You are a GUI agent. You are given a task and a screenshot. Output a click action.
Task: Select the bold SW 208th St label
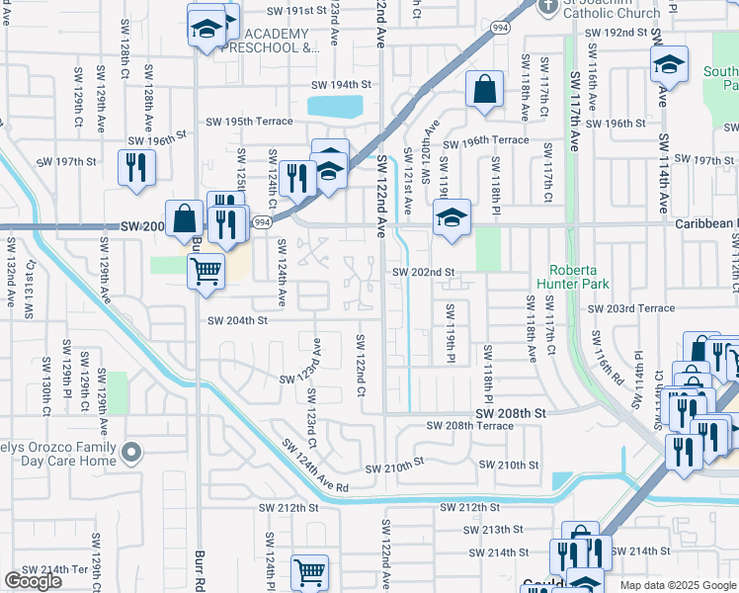511,412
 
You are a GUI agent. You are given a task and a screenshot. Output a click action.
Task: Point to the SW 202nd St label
423,272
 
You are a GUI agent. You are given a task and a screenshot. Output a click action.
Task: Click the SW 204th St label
237,320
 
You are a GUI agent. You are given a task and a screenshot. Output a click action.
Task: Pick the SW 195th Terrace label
249,121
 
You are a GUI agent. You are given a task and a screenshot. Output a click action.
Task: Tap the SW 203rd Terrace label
631,308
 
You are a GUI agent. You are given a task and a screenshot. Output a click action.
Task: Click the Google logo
33,581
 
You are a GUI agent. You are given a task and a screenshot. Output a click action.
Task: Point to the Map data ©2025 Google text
677,585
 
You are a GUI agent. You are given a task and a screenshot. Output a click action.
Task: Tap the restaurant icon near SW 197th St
133,167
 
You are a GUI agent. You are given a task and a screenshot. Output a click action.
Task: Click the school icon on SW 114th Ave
669,65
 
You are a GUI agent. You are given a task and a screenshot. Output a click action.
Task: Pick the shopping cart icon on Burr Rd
205,270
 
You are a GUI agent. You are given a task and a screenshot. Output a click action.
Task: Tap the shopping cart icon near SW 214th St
309,571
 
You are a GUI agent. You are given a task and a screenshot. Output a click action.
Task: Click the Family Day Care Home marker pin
132,453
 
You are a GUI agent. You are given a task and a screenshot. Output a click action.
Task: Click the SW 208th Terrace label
469,426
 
